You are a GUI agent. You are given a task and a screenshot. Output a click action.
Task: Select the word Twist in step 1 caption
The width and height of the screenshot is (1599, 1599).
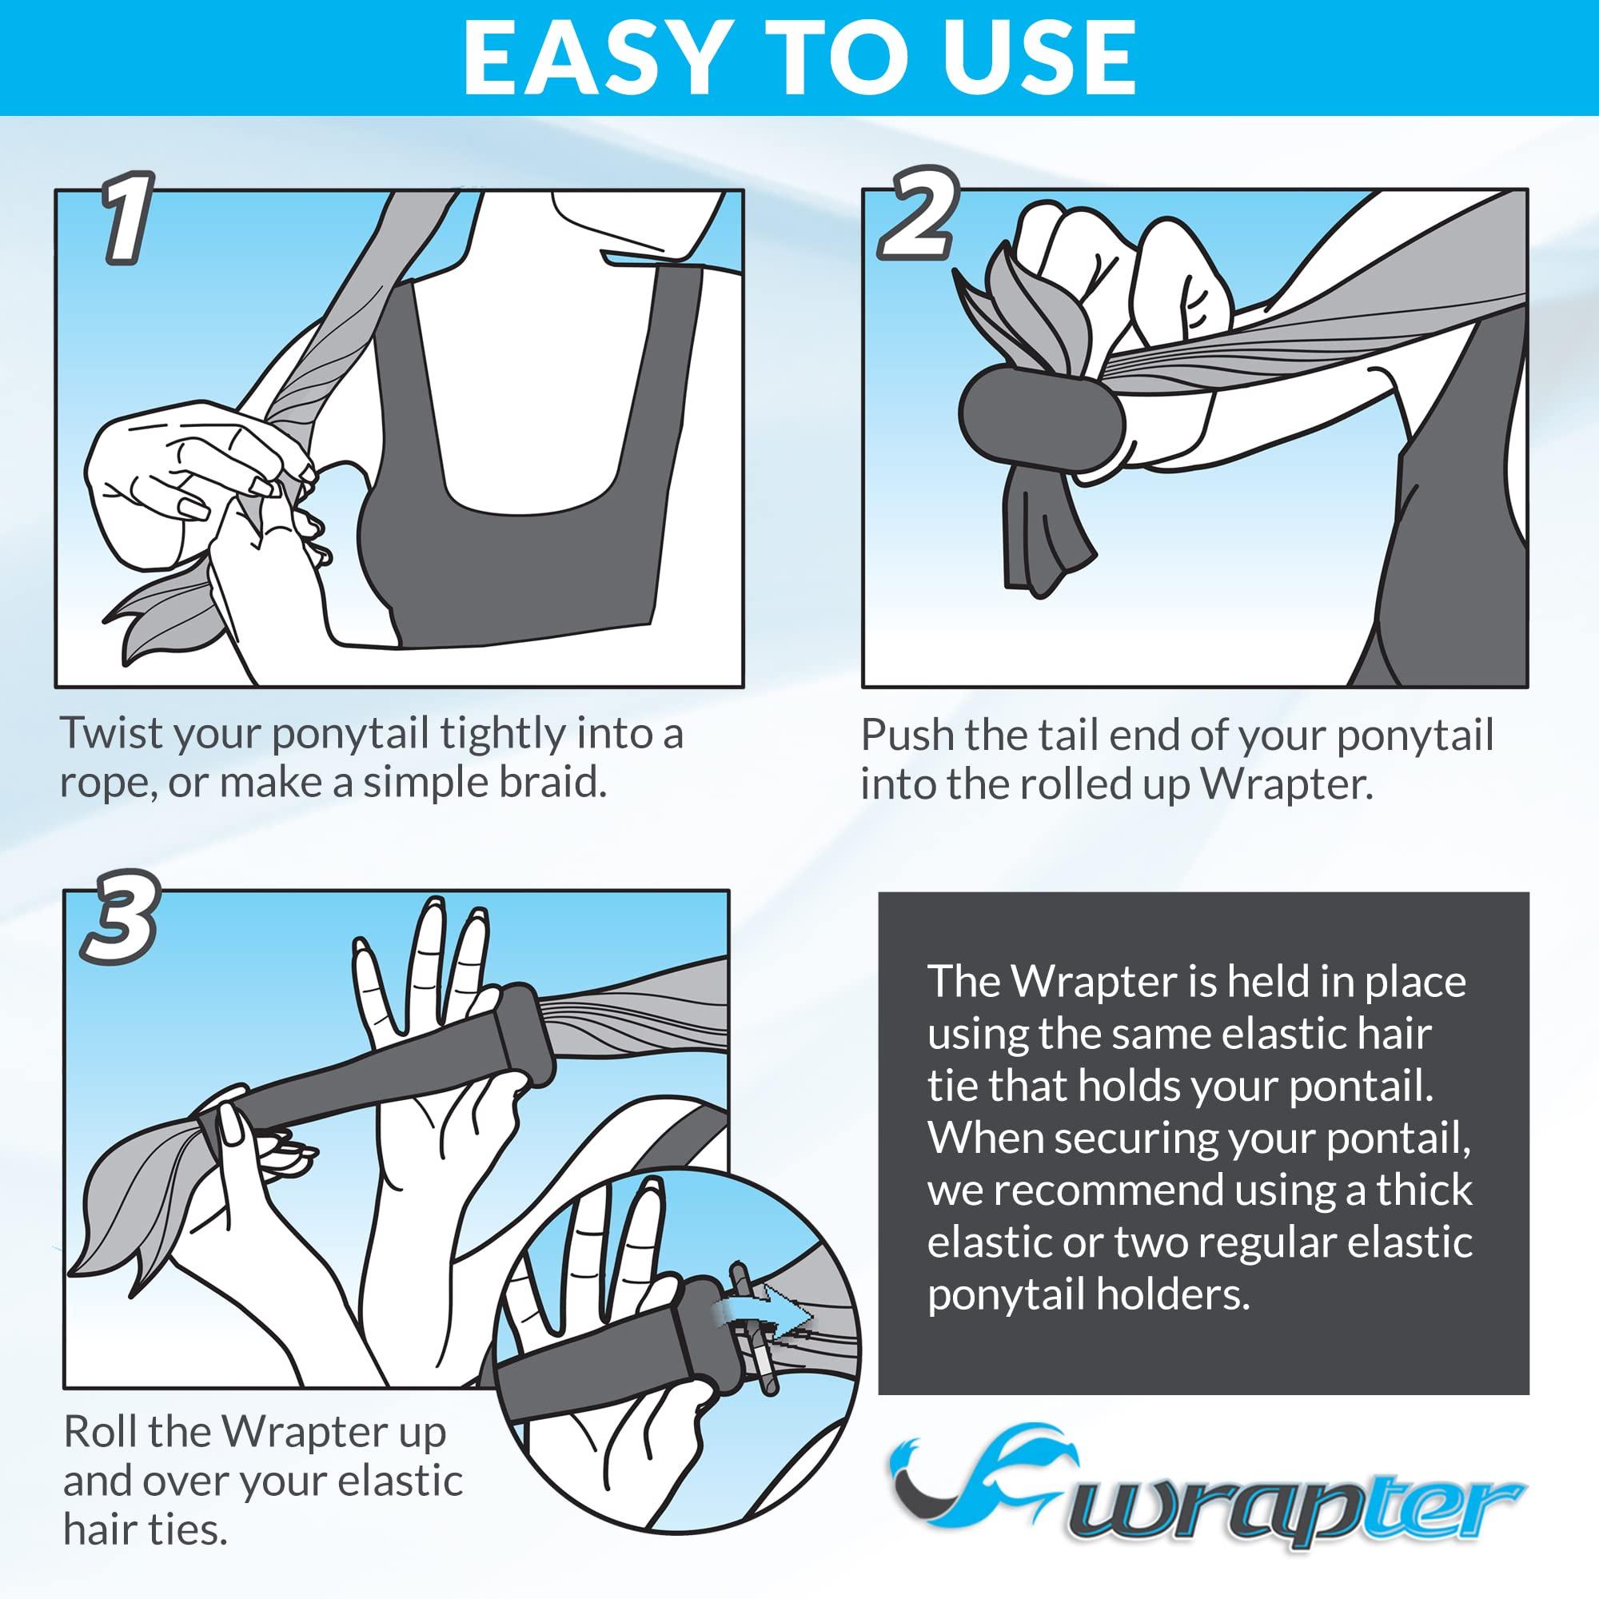tap(100, 733)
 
